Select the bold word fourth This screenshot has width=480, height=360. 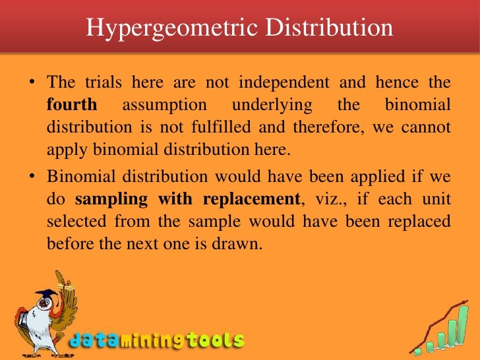72,105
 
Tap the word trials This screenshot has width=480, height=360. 106,84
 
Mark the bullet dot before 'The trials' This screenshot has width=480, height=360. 32,84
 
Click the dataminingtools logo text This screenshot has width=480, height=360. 157,341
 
